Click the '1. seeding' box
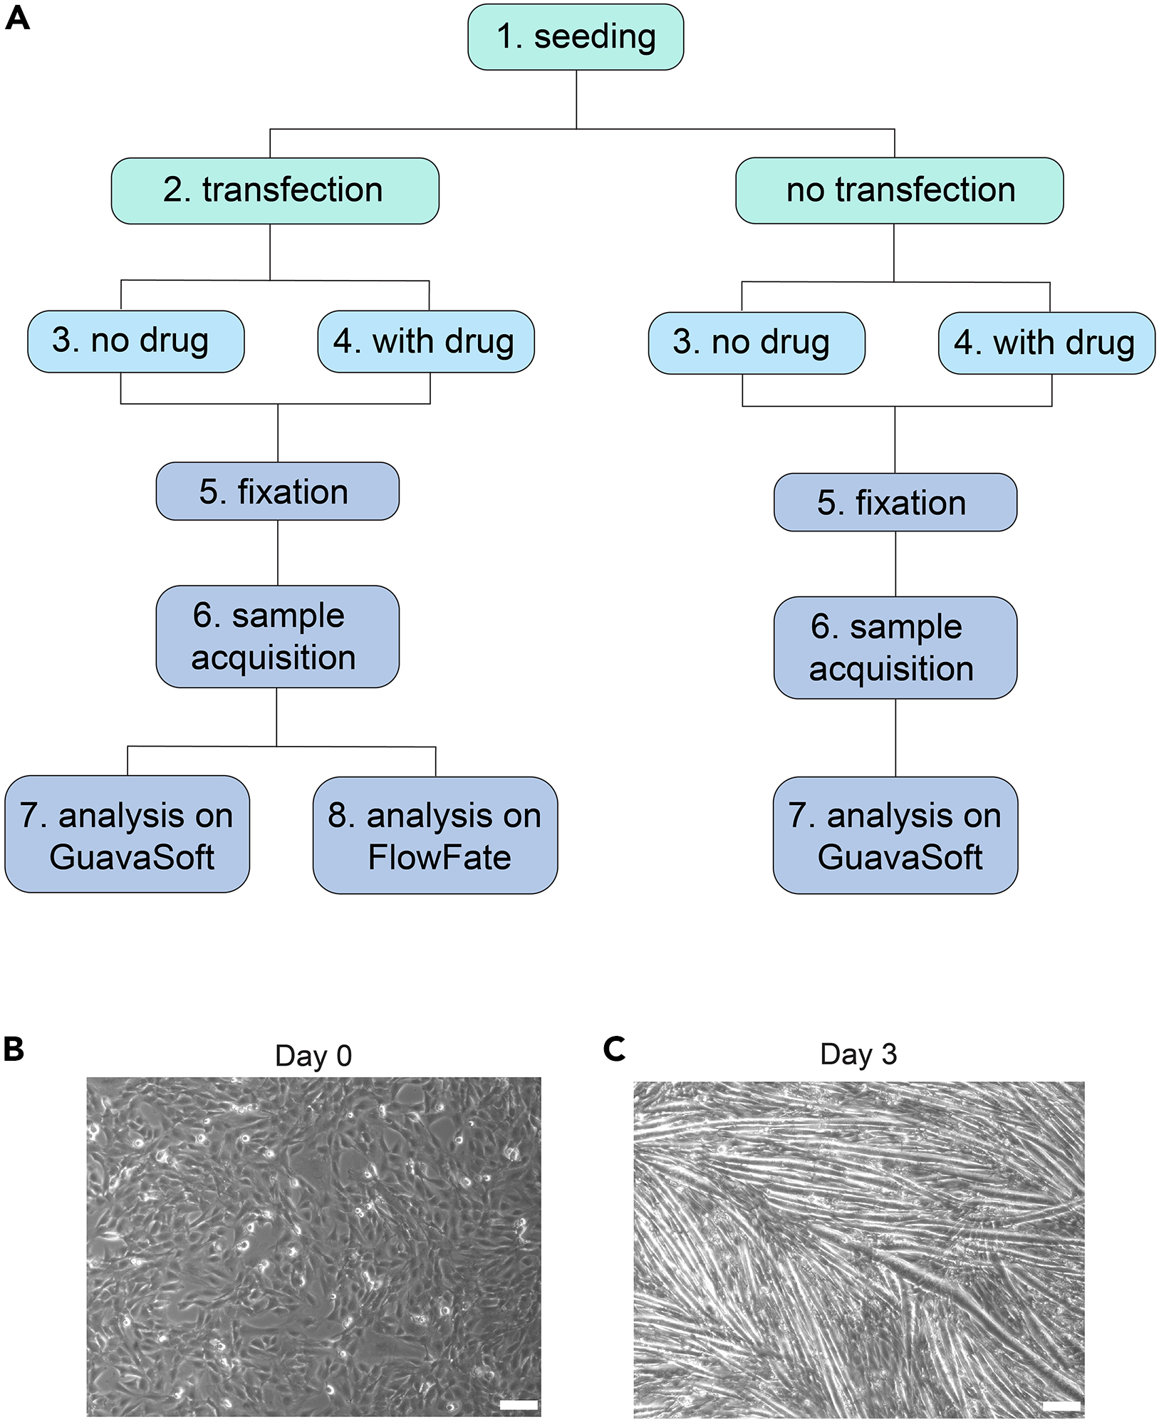pos(576,37)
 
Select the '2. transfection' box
pos(275,190)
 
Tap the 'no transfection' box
pos(899,190)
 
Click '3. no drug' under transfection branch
pos(135,341)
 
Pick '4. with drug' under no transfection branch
pos(1046,343)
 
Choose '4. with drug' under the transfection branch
pos(425,341)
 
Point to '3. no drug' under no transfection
pos(756,343)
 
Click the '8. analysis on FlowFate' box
pos(435,835)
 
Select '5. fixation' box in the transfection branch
pos(277,492)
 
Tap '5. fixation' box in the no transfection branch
pos(895,502)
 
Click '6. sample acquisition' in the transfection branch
pos(277,636)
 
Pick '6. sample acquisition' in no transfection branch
pos(895,648)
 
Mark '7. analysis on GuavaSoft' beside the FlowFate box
pos(128,834)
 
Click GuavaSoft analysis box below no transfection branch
pos(895,835)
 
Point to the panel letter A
pos(17,18)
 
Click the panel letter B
pos(14,1049)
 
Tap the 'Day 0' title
pos(313,1056)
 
